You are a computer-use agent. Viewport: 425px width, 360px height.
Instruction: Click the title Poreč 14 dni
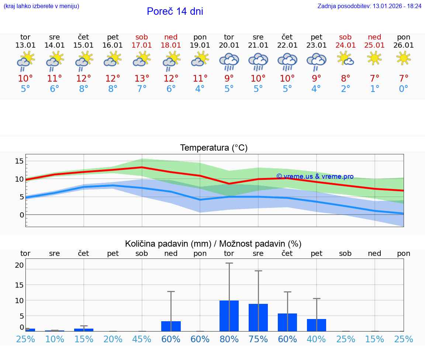click(x=175, y=11)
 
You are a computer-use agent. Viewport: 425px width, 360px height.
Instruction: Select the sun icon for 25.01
click(x=374, y=58)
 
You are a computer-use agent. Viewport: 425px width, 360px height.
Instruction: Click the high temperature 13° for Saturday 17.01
click(x=142, y=79)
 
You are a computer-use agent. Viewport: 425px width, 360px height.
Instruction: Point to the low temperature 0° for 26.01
click(x=404, y=89)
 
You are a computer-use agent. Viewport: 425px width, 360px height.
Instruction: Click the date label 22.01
click(x=287, y=45)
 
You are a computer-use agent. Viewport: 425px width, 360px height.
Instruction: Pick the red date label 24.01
click(x=345, y=45)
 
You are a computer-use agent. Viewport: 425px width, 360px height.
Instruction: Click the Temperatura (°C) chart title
click(x=214, y=148)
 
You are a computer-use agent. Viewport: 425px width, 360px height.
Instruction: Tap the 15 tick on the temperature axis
click(x=19, y=161)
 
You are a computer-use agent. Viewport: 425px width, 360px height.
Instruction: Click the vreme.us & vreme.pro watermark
click(x=315, y=176)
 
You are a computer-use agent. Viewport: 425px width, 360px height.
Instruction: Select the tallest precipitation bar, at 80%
click(x=229, y=316)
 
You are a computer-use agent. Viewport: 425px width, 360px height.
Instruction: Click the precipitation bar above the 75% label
click(x=258, y=318)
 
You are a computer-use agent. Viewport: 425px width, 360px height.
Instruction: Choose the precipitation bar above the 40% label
click(x=317, y=325)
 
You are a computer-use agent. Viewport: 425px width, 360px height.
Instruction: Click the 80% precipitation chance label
click(x=229, y=339)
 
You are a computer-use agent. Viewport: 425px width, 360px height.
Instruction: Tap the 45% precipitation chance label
click(x=142, y=339)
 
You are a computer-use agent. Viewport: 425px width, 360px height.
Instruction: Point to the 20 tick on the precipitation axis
click(x=19, y=265)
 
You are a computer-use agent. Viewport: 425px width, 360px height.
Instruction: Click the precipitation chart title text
click(x=213, y=244)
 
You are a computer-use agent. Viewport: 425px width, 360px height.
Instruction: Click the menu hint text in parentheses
click(x=41, y=6)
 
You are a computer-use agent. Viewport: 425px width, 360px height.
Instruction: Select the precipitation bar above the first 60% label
click(x=171, y=326)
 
